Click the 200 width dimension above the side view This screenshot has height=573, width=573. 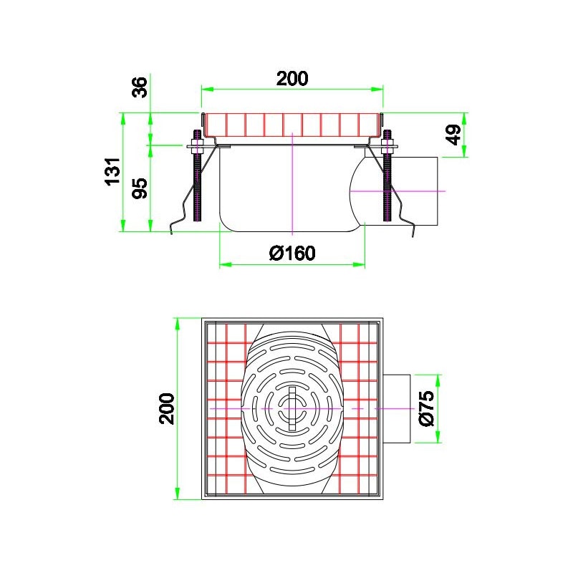click(x=292, y=79)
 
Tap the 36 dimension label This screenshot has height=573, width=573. click(x=140, y=87)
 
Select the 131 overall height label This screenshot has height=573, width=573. click(x=113, y=172)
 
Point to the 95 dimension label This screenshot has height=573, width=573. click(x=140, y=188)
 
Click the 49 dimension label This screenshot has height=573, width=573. click(x=454, y=135)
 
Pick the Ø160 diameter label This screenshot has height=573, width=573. click(x=292, y=253)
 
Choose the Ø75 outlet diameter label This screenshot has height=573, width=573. click(x=427, y=408)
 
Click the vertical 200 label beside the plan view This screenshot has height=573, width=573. click(x=167, y=408)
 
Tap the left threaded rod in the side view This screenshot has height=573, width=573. click(x=198, y=175)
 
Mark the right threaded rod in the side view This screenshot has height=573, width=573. click(x=387, y=175)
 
